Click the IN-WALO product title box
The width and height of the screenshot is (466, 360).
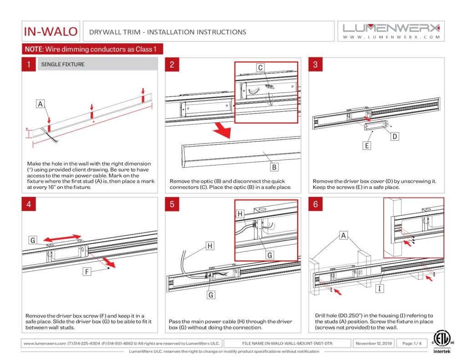tap(51, 32)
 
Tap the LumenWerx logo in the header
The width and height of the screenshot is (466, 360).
tap(391, 30)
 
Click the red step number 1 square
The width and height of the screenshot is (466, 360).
tap(29, 64)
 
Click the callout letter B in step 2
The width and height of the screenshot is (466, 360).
tap(274, 167)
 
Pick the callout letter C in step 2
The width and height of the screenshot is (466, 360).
tap(260, 68)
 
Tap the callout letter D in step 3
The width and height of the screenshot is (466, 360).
tap(395, 136)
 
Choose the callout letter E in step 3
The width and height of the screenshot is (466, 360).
tap(367, 146)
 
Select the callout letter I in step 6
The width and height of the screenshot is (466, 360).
tap(379, 289)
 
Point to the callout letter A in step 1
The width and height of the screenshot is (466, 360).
tap(41, 104)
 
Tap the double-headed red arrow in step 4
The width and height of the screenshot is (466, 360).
tap(63, 238)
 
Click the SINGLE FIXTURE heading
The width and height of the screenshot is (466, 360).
tap(63, 65)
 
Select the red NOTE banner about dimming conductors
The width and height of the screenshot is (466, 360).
tap(92, 49)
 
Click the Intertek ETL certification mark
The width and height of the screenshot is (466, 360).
tap(440, 342)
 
